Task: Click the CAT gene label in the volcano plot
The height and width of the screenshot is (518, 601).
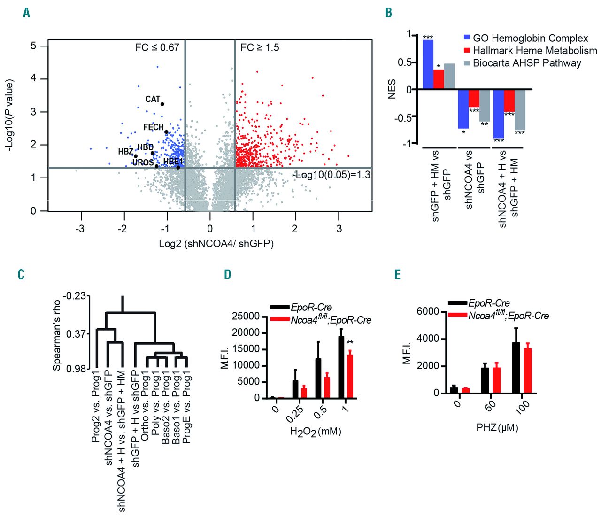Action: point(153,99)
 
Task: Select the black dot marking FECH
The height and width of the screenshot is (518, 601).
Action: point(166,132)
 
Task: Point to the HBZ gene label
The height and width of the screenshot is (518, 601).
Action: point(125,152)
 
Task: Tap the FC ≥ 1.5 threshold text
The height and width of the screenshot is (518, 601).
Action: point(260,48)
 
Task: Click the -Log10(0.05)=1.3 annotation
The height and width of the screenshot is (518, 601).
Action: point(331,175)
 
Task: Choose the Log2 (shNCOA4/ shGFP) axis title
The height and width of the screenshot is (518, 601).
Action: point(216,244)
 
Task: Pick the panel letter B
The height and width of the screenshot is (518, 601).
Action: point(389,13)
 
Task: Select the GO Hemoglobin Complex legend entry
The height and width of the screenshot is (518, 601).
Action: point(530,39)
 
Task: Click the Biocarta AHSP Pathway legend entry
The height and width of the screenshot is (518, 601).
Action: point(527,63)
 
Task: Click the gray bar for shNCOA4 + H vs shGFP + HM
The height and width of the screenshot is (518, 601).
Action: point(519,109)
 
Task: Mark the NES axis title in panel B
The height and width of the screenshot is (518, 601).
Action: point(393,89)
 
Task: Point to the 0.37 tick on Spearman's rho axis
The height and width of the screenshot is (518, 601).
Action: point(76,334)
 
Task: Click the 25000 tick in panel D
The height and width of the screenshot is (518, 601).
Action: point(247,317)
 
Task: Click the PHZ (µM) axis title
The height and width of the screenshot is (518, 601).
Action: point(497,428)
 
